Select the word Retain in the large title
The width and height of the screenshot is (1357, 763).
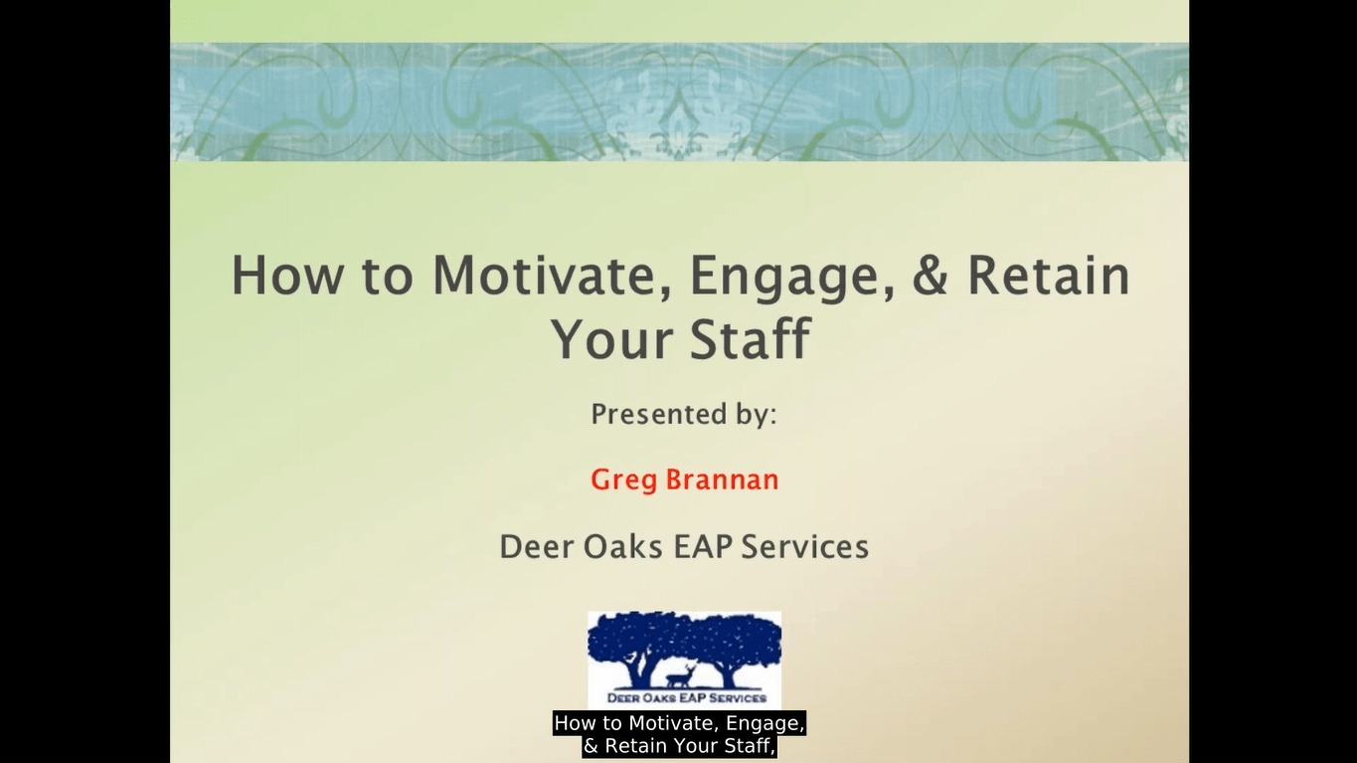coord(1049,276)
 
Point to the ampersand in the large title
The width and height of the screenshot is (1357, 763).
coord(930,276)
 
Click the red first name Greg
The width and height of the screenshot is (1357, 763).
coord(622,480)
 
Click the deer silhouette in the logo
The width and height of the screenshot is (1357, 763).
coord(678,678)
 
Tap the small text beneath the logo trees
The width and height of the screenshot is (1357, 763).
coord(685,698)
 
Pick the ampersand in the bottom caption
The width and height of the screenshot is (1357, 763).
coord(592,746)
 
